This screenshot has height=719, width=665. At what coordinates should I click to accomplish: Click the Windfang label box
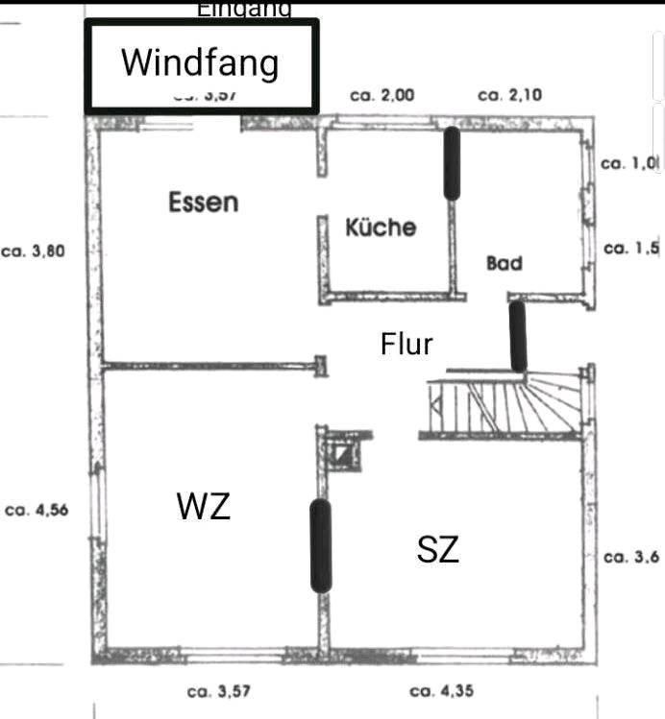pos(201,64)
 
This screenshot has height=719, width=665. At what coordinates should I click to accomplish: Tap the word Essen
pos(203,202)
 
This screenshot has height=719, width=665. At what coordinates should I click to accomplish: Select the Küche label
pos(381,227)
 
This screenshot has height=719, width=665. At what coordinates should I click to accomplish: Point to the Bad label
pos(504,262)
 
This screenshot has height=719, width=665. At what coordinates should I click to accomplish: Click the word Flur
pos(406,344)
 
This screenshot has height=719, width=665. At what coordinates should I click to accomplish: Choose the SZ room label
pos(437,550)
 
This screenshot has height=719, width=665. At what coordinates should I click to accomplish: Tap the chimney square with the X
pos(341,450)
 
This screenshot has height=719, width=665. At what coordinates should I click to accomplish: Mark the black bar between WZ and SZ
pos(320,544)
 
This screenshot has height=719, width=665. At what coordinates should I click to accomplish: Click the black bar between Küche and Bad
pos(451,163)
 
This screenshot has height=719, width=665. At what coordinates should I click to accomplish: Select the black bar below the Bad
pos(517,336)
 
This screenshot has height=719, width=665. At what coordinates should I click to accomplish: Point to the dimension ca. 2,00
pos(382,95)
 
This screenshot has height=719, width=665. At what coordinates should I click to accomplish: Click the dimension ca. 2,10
pos(509,95)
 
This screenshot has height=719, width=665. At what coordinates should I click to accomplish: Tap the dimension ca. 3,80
pos(34,252)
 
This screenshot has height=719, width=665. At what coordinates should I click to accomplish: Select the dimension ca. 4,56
pos(37,511)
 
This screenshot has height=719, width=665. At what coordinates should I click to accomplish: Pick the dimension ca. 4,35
pos(441,690)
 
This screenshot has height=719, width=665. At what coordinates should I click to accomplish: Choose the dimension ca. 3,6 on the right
pos(631,557)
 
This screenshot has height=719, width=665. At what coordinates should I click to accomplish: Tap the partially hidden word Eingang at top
pos(244,10)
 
